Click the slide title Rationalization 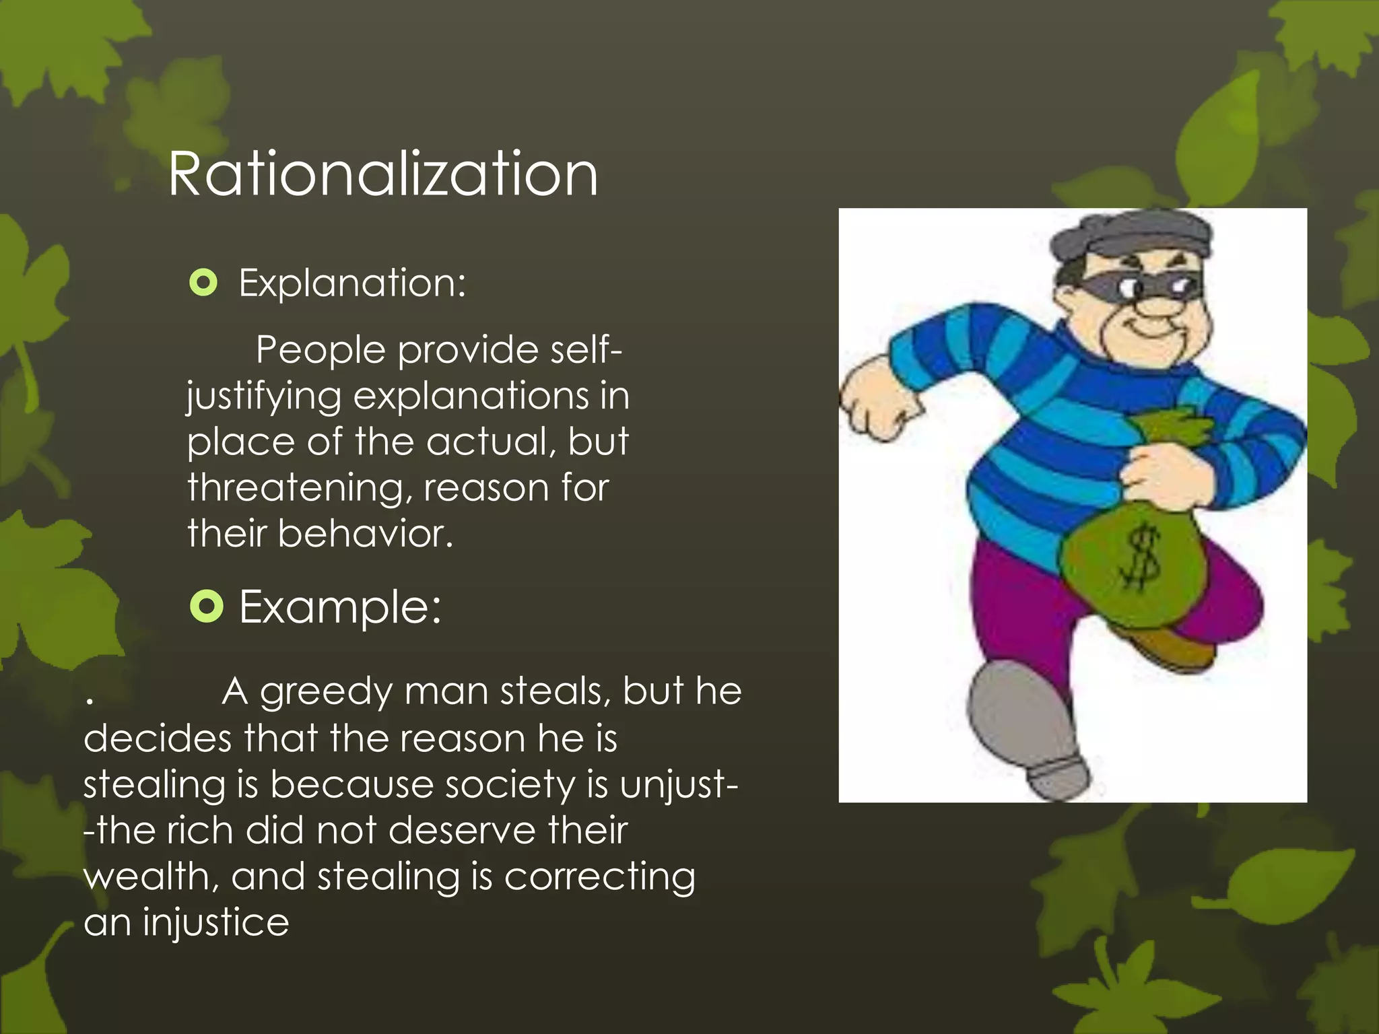(382, 174)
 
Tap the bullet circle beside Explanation (203, 283)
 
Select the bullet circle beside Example (206, 607)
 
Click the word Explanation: (352, 283)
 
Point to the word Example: (340, 607)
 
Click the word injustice (215, 922)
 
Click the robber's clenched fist (875, 404)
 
